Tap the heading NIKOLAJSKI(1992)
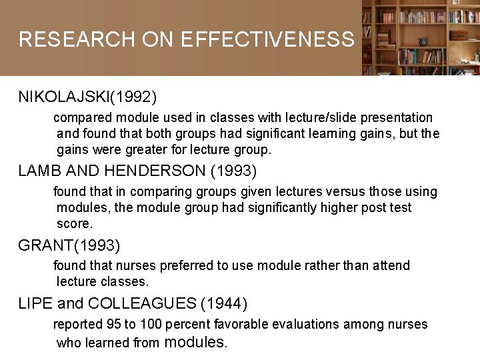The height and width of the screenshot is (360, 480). [x=87, y=97]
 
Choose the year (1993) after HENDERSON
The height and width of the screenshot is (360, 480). [x=233, y=171]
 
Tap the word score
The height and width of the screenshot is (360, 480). [x=74, y=223]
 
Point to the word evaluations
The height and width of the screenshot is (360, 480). [x=306, y=325]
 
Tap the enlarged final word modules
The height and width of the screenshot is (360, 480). [x=195, y=343]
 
